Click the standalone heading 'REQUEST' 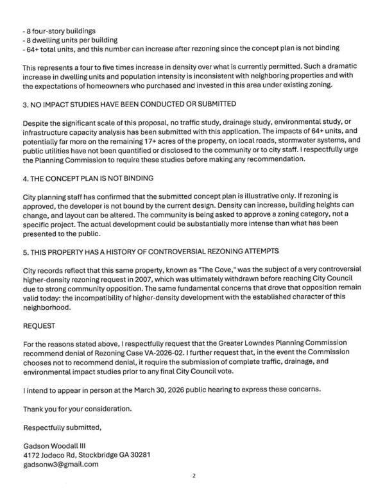pyautogui.click(x=40, y=326)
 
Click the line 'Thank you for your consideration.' pyautogui.click(x=77, y=409)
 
